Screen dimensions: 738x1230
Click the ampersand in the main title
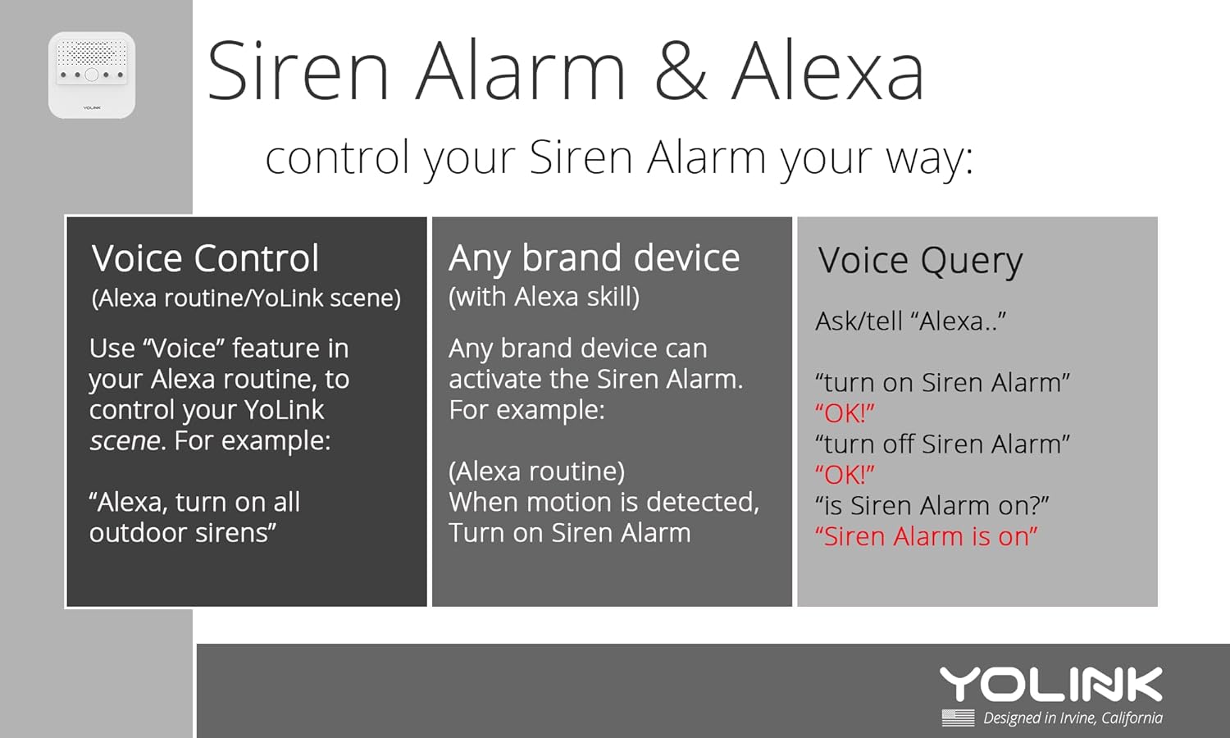(680, 71)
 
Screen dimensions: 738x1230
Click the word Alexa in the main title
(827, 71)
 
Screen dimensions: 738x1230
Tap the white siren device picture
(92, 75)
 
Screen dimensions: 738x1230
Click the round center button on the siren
(92, 75)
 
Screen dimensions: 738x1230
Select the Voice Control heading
(205, 259)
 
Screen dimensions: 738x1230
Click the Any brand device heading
(594, 259)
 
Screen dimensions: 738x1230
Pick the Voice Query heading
(920, 262)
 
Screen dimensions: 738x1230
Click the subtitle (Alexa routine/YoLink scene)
(246, 298)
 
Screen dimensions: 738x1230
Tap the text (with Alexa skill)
(544, 297)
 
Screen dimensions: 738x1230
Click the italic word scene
(125, 441)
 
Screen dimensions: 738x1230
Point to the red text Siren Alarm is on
(926, 537)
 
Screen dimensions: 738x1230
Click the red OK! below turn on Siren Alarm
(845, 413)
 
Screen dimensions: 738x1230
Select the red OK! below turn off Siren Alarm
(845, 475)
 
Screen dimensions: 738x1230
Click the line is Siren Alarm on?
(932, 506)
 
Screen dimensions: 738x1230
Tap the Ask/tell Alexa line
(910, 321)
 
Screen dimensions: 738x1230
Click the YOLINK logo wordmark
(1050, 686)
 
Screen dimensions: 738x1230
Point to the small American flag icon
(958, 718)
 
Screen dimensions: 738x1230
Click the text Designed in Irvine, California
(1073, 718)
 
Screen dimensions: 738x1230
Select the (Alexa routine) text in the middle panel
(536, 471)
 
